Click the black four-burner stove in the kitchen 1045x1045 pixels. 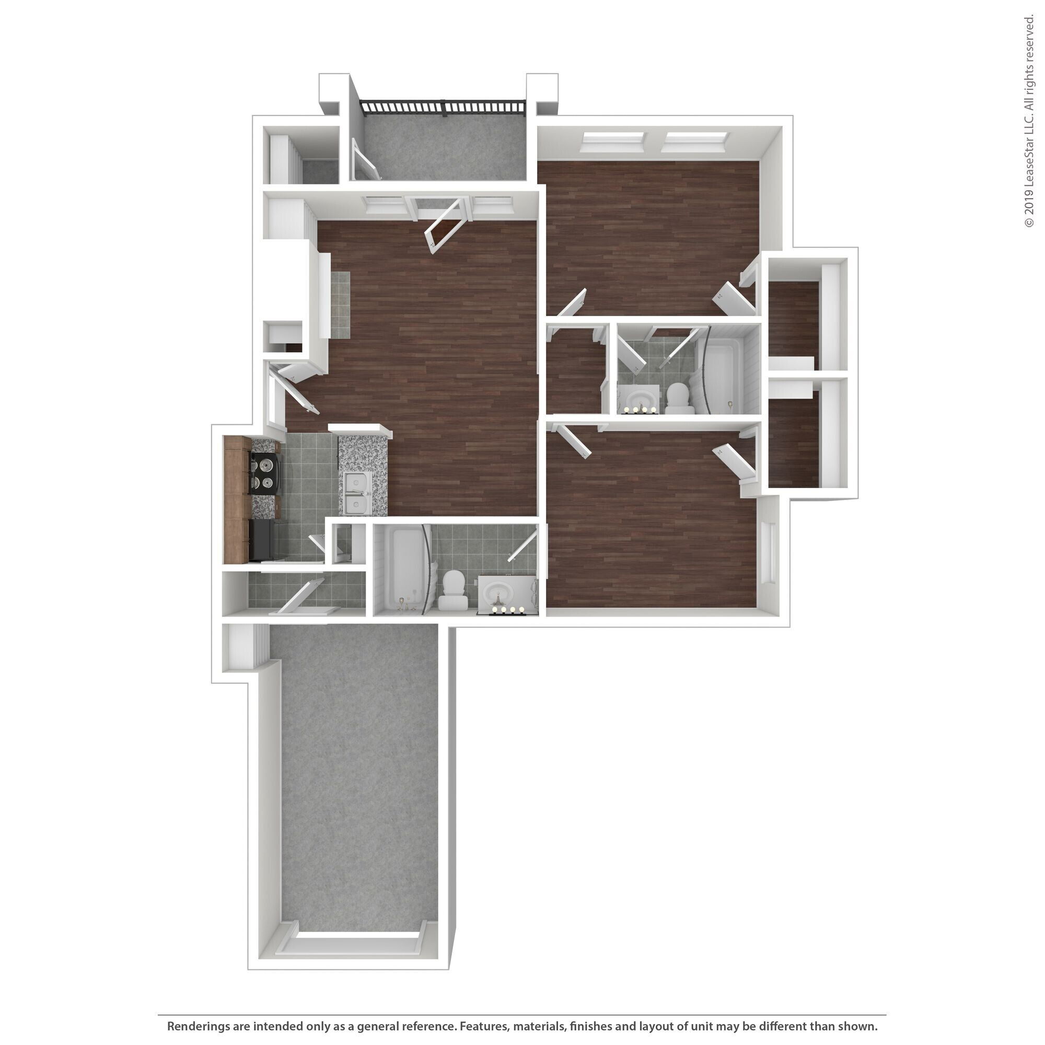pyautogui.click(x=265, y=473)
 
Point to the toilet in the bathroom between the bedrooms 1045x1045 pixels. pyautogui.click(x=677, y=398)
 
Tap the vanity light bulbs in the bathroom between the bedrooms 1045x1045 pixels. pyautogui.click(x=642, y=410)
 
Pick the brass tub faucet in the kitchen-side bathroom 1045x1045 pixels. pyautogui.click(x=401, y=602)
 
